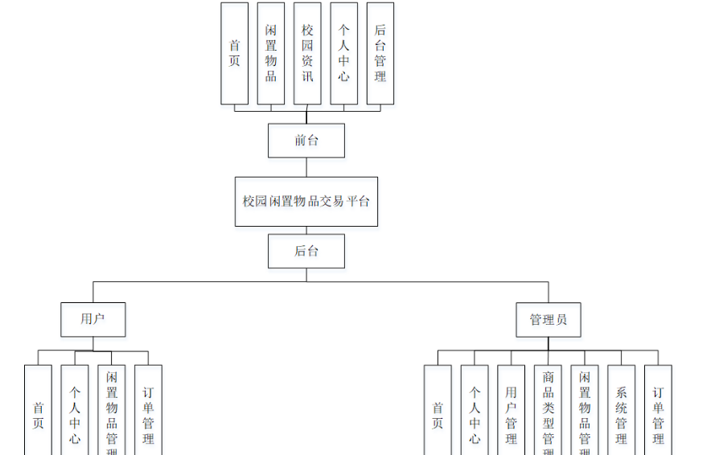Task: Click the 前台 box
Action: [306, 141]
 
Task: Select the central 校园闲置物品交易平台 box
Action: [306, 201]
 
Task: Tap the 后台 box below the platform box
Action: [306, 251]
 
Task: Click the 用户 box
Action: [93, 319]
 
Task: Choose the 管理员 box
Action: [549, 319]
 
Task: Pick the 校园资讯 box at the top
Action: [307, 53]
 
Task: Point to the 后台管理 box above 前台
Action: [380, 53]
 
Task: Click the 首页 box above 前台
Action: [235, 53]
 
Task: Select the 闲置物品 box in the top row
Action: [271, 53]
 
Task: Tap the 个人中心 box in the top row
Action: [343, 53]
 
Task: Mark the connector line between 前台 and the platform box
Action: [306, 167]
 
